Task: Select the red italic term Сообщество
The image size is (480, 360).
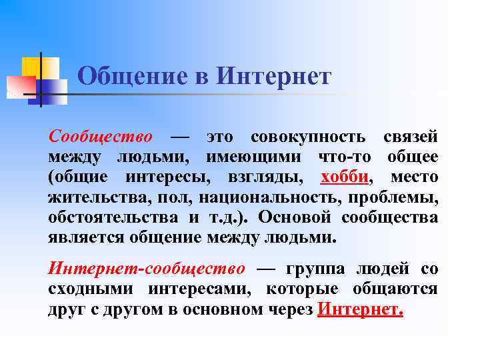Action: (x=100, y=137)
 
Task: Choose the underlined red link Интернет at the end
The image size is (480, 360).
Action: (x=361, y=309)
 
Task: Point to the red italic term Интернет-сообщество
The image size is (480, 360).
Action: (x=147, y=269)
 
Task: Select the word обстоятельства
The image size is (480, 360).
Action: (x=113, y=217)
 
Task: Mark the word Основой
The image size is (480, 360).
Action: (x=294, y=217)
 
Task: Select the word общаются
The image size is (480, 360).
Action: (x=398, y=289)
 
